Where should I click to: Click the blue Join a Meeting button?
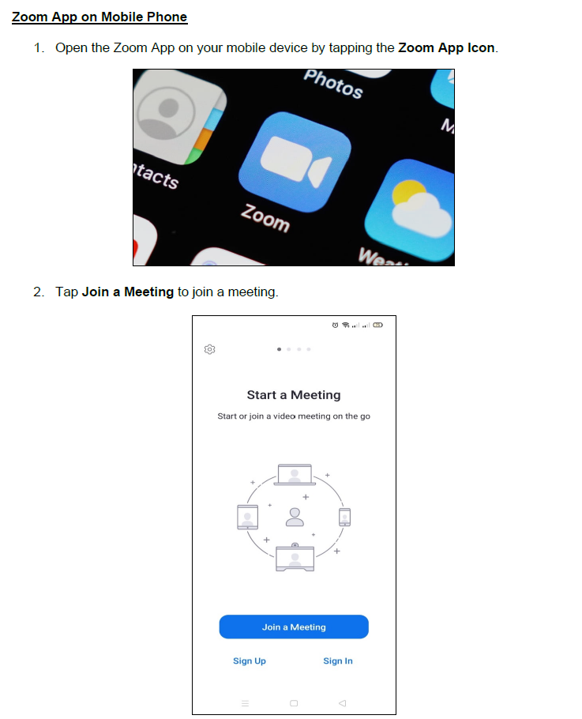pos(294,627)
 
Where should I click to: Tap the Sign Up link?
pos(250,661)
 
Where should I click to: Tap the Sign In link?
pos(338,661)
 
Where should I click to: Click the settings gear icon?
pos(209,349)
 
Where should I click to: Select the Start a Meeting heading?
pos(294,395)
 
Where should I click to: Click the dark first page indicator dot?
pos(279,349)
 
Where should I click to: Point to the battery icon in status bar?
pos(377,325)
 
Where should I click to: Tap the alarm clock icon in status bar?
pos(335,325)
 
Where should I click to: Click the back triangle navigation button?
pos(342,703)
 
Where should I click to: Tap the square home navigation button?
pos(294,703)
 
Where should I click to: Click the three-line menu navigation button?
pos(245,703)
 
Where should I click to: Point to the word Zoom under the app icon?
pos(265,218)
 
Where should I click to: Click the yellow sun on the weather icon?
pos(407,192)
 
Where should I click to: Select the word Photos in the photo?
pos(333,84)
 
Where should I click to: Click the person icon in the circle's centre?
pos(295,517)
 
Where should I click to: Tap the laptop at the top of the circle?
pos(295,475)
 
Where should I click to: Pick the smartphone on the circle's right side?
pos(344,518)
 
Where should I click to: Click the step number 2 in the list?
pos(38,292)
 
